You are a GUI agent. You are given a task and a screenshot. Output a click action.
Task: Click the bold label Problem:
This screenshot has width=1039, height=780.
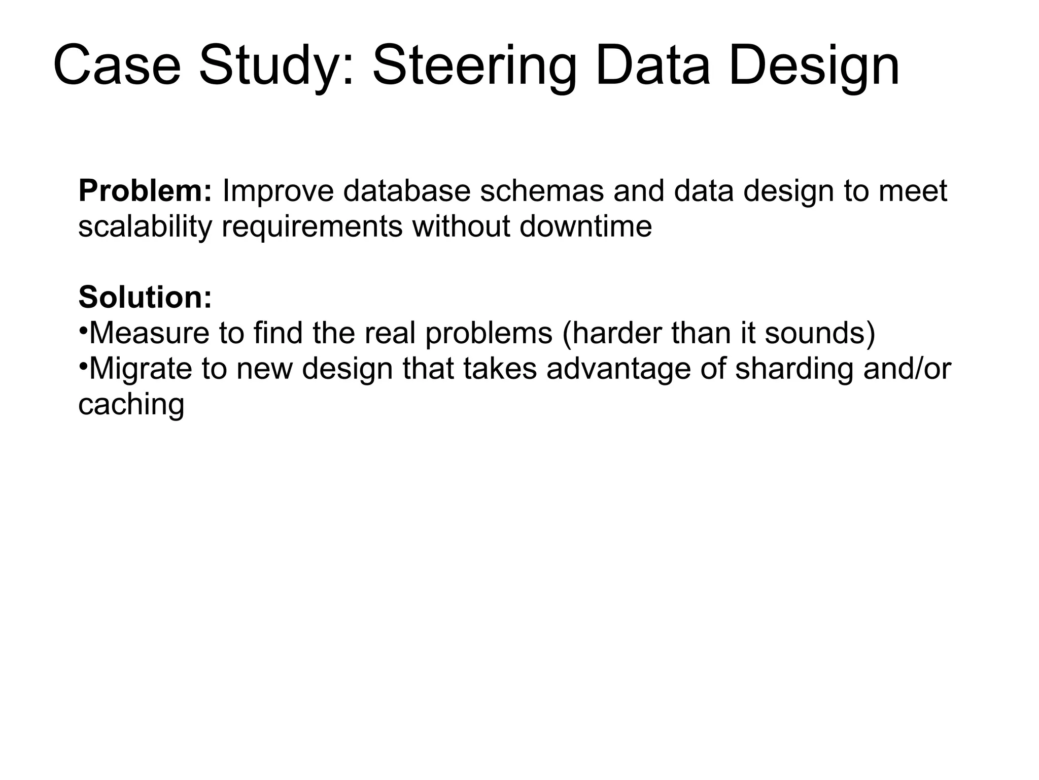coord(145,191)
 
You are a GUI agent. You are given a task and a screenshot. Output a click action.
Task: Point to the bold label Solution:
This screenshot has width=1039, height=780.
coord(145,297)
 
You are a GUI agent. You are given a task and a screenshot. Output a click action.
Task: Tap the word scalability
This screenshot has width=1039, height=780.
coord(145,226)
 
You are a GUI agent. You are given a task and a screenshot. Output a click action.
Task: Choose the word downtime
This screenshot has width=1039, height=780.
coord(585,226)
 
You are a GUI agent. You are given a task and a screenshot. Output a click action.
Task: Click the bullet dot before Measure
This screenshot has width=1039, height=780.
coord(83,328)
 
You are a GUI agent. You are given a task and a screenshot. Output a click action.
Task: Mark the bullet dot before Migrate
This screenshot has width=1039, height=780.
coord(83,363)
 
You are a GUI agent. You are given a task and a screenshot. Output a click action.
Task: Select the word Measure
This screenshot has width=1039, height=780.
coord(149,333)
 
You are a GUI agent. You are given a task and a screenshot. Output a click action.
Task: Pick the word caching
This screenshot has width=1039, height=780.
coord(131,405)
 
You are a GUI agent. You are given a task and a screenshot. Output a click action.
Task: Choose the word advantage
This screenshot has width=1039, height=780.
coord(618,369)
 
